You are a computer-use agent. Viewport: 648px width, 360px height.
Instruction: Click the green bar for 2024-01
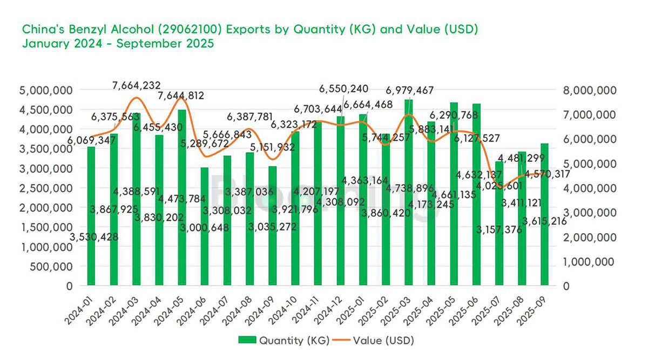click(91, 216)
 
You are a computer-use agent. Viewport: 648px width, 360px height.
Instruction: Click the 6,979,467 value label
click(409, 90)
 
